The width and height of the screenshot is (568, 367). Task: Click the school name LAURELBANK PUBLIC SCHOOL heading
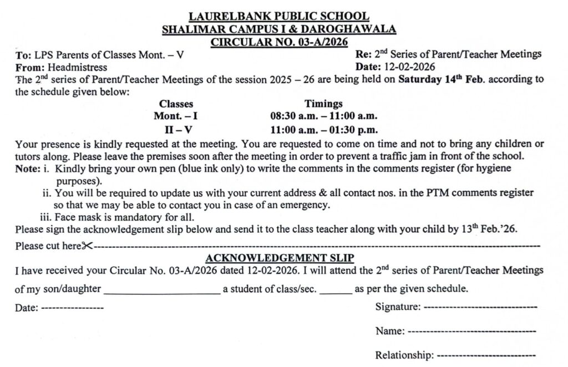[279, 17]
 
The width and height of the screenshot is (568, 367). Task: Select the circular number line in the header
[278, 41]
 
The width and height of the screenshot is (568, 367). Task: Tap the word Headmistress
[78, 67]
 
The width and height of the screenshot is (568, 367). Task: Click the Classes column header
[176, 104]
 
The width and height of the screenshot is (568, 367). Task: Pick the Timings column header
[323, 104]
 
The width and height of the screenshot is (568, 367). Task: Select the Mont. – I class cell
[176, 116]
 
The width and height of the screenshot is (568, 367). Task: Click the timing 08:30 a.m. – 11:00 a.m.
[323, 116]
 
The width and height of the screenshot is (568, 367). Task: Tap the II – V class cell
[176, 131]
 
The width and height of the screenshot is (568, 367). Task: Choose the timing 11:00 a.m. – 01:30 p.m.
[323, 131]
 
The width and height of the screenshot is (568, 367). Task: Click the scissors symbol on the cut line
[87, 246]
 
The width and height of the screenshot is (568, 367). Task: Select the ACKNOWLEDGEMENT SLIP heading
[280, 258]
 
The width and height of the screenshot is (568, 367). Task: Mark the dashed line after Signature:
[480, 307]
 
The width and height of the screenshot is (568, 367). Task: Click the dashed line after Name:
[471, 331]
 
